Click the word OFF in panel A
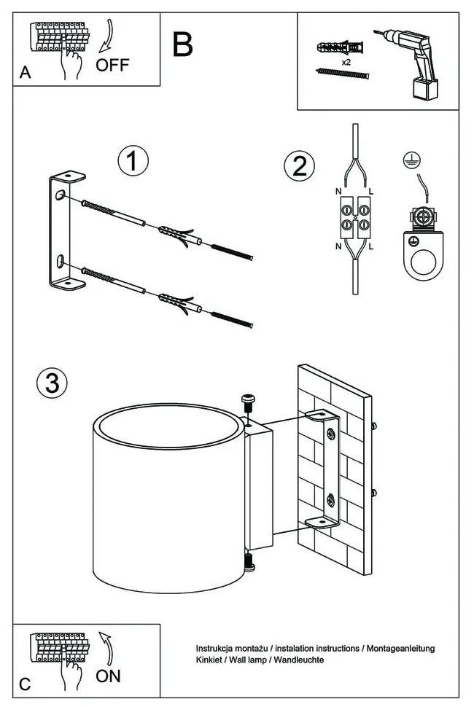[112, 65]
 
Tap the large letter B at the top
[183, 44]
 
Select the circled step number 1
[133, 160]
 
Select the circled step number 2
[299, 166]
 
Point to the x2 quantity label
[346, 62]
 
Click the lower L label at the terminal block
[372, 247]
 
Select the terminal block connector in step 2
[354, 218]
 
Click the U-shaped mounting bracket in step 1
[60, 232]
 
